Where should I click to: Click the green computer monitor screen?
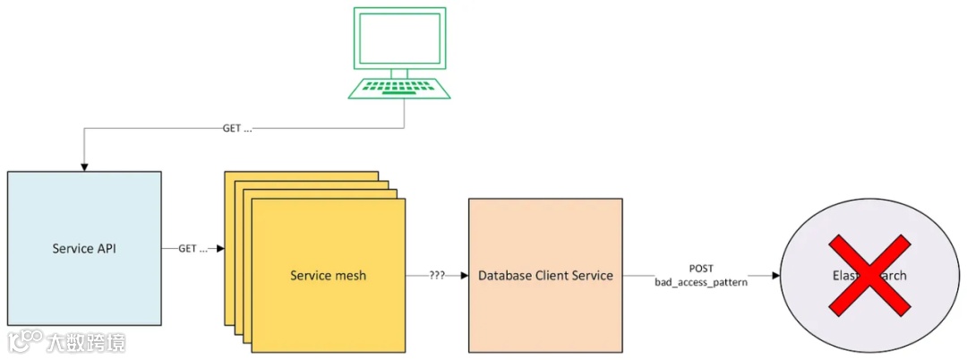click(x=399, y=39)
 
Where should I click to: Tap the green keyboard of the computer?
click(x=399, y=88)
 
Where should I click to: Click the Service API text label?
click(x=84, y=248)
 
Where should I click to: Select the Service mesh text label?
click(x=328, y=275)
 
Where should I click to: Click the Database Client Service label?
click(x=545, y=275)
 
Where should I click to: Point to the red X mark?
click(x=867, y=275)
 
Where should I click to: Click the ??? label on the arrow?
click(x=437, y=275)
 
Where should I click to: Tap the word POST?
click(x=701, y=268)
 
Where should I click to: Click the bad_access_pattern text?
click(x=701, y=283)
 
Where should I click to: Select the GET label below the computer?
click(x=237, y=129)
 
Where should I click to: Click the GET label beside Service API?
click(x=193, y=248)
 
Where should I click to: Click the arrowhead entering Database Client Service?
click(x=464, y=275)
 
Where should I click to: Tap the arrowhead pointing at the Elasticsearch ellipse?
click(x=774, y=275)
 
